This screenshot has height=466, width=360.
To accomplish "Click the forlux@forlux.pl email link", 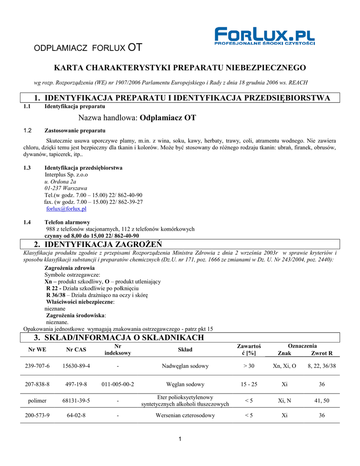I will [x=66, y=209].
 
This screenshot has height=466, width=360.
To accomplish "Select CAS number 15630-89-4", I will [x=76, y=366].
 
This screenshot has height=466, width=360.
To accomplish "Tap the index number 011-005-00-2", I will [x=117, y=384].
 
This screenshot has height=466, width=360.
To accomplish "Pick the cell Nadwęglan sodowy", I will [x=185, y=366].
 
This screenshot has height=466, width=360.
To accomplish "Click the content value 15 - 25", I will [x=249, y=384].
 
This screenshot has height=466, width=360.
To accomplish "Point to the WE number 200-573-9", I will [x=37, y=415].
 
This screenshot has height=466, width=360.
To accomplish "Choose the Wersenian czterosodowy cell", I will [x=185, y=415].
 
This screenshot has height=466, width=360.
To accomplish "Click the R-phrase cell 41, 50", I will [x=322, y=400].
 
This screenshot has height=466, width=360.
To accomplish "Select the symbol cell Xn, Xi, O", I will [x=284, y=366].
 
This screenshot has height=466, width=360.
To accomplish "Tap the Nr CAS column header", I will [x=76, y=349].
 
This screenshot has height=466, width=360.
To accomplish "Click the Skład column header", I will [x=185, y=349].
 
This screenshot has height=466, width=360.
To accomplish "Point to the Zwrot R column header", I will [x=322, y=353].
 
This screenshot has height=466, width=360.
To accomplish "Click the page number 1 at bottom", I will [x=180, y=439].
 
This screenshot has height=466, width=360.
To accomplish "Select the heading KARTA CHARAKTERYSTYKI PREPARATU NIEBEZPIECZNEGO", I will [x=180, y=68].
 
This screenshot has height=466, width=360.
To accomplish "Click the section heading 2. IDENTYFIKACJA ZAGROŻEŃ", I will [x=97, y=245].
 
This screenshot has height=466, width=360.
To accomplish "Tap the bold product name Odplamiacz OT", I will [x=168, y=118].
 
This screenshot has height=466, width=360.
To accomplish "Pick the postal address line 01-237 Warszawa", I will [x=66, y=188].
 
